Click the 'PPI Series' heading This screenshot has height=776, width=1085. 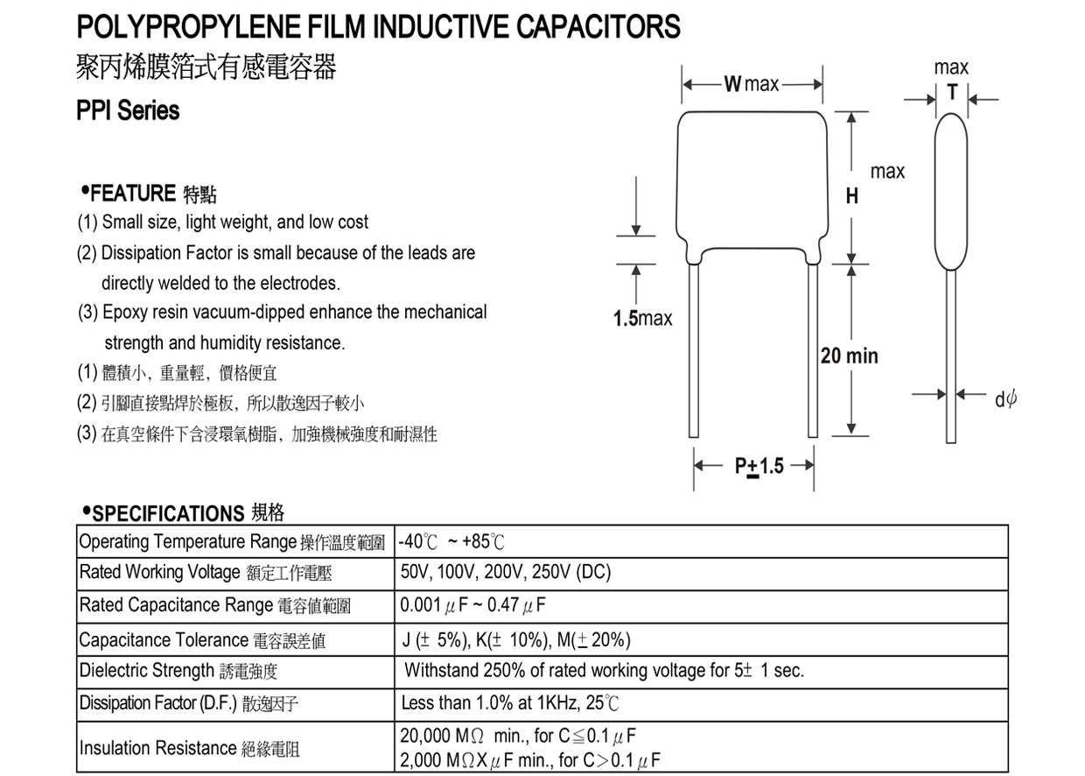click(x=129, y=111)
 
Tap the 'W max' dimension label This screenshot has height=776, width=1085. click(x=751, y=84)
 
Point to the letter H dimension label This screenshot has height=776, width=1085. click(x=851, y=197)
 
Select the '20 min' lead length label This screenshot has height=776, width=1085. click(x=849, y=356)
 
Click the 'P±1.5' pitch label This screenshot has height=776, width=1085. click(x=759, y=466)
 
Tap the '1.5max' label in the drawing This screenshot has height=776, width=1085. click(x=642, y=319)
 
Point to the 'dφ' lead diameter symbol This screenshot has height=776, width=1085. click(x=1005, y=399)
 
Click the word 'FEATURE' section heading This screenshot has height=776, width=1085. click(x=133, y=193)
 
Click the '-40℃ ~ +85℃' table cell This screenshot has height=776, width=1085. click(x=451, y=541)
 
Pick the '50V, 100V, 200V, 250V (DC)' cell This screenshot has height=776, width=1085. click(x=506, y=572)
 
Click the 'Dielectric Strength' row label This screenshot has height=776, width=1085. click(x=145, y=671)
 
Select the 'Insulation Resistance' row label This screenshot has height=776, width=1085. click(x=157, y=748)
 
